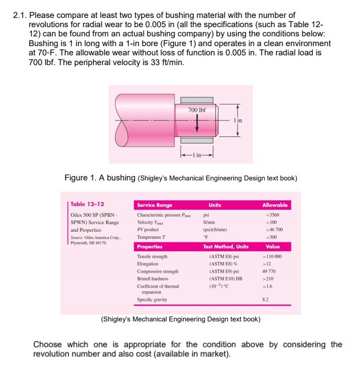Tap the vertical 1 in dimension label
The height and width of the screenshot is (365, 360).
coord(241,120)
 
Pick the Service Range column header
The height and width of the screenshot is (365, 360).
coord(154,205)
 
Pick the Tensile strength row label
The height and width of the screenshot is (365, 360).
coord(152,256)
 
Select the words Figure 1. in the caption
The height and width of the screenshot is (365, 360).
coord(81,178)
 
